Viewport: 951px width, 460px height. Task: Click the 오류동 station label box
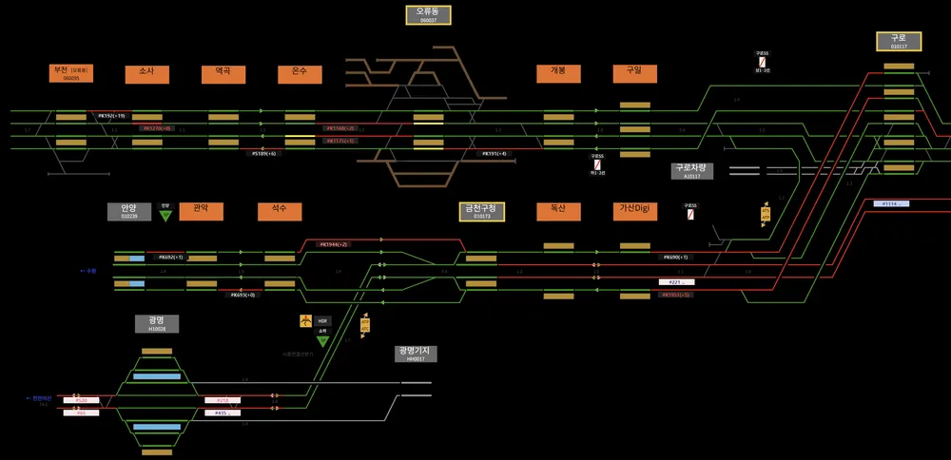(x=427, y=14)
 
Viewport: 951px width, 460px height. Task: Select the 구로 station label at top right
(x=899, y=40)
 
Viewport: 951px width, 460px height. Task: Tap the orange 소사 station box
(x=146, y=74)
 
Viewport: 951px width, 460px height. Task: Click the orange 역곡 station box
(x=223, y=74)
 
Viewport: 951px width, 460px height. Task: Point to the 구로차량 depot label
(x=692, y=171)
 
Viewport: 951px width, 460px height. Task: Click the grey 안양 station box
(x=129, y=211)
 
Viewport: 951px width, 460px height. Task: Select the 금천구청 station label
(x=479, y=211)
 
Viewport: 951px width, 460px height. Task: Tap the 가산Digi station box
(x=634, y=211)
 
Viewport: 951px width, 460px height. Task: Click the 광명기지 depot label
(x=415, y=354)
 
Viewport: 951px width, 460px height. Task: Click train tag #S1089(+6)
(x=265, y=153)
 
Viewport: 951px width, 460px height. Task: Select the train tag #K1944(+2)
(x=334, y=244)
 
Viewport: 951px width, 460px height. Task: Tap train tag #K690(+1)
(x=676, y=257)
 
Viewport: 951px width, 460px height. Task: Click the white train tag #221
(x=676, y=282)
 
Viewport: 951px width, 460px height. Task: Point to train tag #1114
(x=891, y=203)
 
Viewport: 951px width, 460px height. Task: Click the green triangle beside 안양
(x=165, y=216)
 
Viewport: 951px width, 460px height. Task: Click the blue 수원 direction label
(x=90, y=271)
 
